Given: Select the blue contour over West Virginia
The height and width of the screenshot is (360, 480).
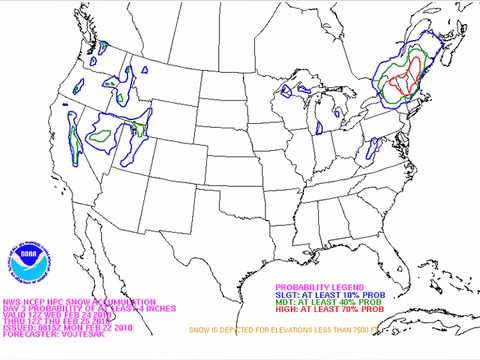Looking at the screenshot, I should coord(371,151).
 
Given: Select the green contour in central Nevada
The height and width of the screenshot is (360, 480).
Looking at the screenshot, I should coord(100,134).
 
